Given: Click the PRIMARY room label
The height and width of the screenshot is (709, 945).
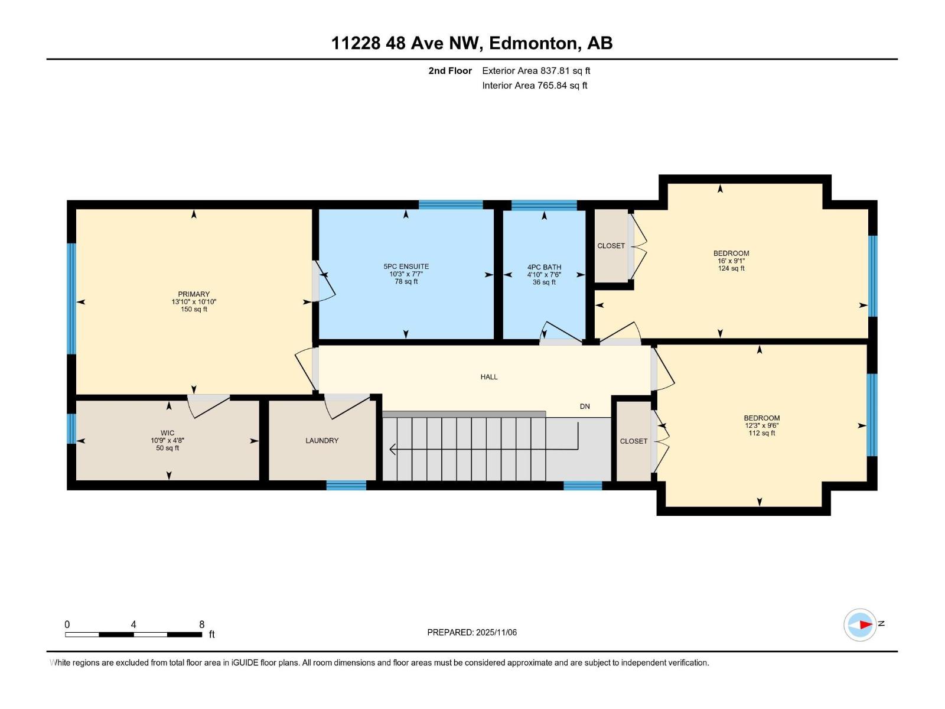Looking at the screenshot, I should point(194,294).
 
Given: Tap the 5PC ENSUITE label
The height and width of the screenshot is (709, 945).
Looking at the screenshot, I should point(406,266).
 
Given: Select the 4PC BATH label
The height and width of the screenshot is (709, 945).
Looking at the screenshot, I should point(544,267).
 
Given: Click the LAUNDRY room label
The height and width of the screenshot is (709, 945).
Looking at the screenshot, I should point(322,440).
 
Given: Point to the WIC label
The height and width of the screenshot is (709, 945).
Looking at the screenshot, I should point(167,432).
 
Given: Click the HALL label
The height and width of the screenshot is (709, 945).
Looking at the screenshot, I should point(488,376).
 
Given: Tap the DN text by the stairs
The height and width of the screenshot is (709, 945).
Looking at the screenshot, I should point(585,406).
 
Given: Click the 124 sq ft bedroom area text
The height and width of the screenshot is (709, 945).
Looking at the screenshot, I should point(731,268).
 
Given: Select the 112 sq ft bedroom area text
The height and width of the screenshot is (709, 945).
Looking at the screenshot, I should point(761,433).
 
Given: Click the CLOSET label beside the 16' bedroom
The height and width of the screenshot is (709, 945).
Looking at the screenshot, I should point(611,246).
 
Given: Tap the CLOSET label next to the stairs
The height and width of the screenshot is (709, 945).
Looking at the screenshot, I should point(633,441).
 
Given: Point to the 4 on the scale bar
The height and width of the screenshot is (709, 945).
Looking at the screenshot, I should point(133,625).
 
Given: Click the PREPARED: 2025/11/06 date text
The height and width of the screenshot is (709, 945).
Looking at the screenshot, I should point(472,632).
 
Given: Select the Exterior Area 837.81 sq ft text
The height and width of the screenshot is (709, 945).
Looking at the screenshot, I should point(536,70).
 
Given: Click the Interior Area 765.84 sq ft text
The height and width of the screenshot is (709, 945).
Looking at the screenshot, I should point(534,85).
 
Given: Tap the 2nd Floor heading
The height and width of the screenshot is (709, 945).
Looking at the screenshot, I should point(450,70).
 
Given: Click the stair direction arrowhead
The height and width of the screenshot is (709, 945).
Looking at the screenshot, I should point(393,450).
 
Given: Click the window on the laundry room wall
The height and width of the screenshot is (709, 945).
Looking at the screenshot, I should point(346,485).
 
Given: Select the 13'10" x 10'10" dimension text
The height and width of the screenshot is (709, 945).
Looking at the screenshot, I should point(194,302).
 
